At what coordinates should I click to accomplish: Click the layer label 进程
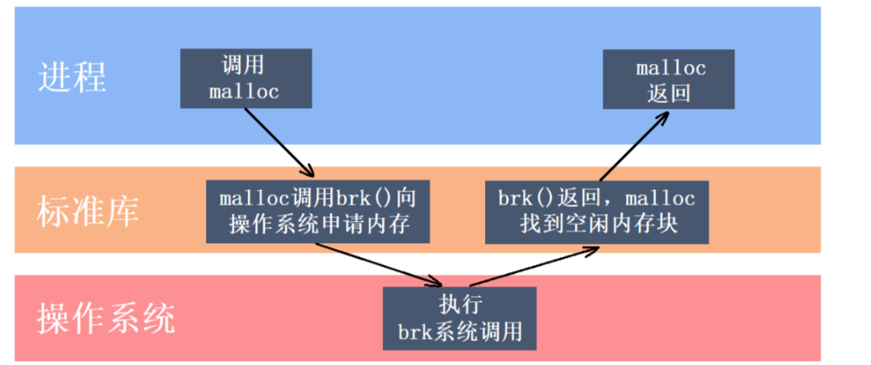(x=72, y=79)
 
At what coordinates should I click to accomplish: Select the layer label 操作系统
(x=106, y=318)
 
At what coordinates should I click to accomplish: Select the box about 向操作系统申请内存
(x=318, y=211)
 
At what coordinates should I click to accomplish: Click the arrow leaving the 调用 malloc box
(x=278, y=142)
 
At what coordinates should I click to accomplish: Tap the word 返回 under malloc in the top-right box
(x=668, y=92)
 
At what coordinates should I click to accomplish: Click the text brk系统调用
(x=460, y=333)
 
